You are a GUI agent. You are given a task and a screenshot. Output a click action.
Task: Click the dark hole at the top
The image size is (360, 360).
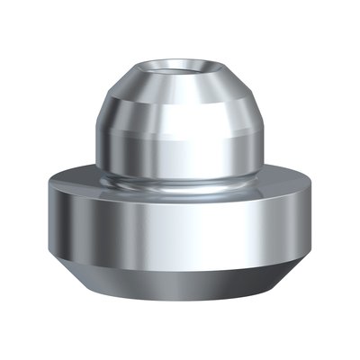pyautogui.click(x=181, y=67)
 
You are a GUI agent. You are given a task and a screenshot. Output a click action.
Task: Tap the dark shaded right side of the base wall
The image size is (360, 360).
pyautogui.click(x=301, y=225)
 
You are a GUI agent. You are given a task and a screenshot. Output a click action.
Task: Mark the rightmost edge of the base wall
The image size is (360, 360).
pyautogui.click(x=318, y=220)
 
